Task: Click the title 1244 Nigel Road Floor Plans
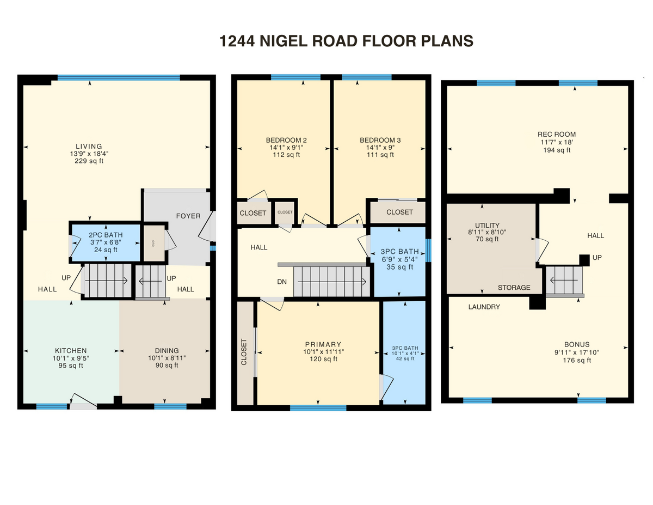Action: point(346,41)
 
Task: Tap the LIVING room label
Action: point(89,146)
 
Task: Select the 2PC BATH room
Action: point(106,242)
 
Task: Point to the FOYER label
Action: point(188,216)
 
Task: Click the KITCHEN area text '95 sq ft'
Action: point(71,366)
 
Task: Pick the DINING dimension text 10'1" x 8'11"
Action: point(167,358)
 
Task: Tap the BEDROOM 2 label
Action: point(286,140)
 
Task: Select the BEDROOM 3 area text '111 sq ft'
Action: point(380,155)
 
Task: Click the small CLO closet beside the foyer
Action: point(153,243)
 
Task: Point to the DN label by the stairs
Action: point(281,282)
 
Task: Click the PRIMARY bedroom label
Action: point(323,344)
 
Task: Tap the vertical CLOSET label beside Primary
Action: point(244,352)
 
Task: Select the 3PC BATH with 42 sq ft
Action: point(405,353)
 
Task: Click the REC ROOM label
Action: point(557,134)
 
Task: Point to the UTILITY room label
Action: point(487,226)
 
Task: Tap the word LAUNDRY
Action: point(484,307)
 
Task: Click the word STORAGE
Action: point(514,288)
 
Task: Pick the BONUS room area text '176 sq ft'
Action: point(577,360)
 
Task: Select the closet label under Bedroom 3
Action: point(399,212)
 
